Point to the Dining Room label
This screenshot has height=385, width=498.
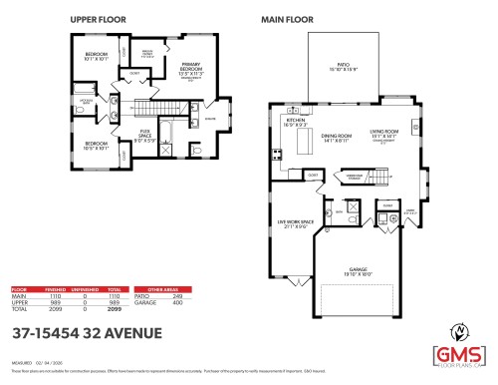(x=336, y=139)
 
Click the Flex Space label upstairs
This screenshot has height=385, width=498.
(x=144, y=138)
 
